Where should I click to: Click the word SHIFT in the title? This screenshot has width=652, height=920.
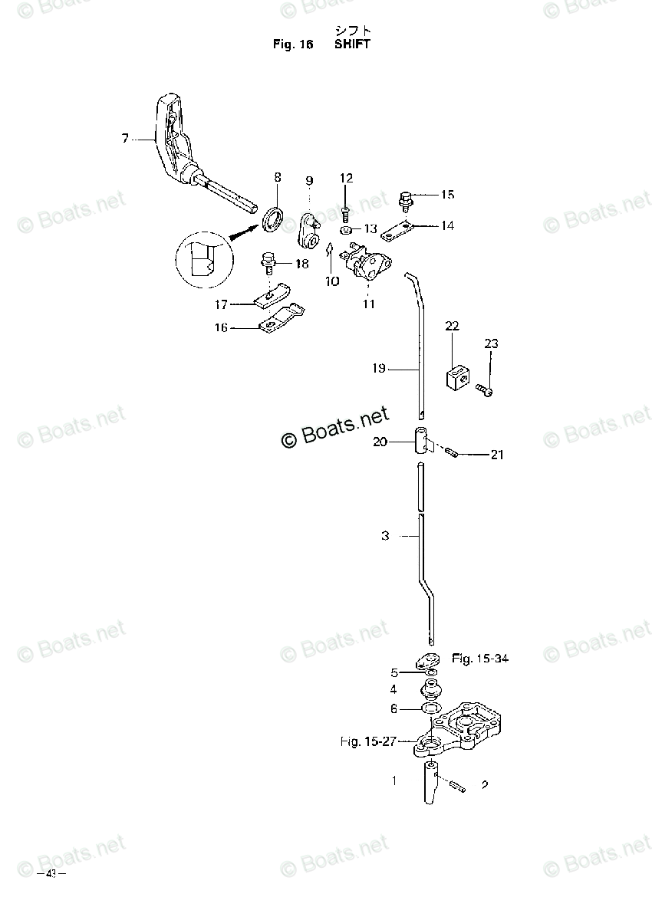click(352, 44)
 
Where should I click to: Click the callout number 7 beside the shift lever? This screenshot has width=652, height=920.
click(125, 139)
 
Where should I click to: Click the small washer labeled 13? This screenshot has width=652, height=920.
click(346, 228)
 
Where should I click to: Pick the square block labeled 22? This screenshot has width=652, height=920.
click(455, 376)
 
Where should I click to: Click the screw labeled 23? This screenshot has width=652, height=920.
click(485, 389)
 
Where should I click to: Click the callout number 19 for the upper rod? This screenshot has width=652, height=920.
click(378, 369)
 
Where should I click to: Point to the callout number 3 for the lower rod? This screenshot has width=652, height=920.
click(385, 536)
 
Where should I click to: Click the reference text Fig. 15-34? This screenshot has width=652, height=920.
click(480, 658)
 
